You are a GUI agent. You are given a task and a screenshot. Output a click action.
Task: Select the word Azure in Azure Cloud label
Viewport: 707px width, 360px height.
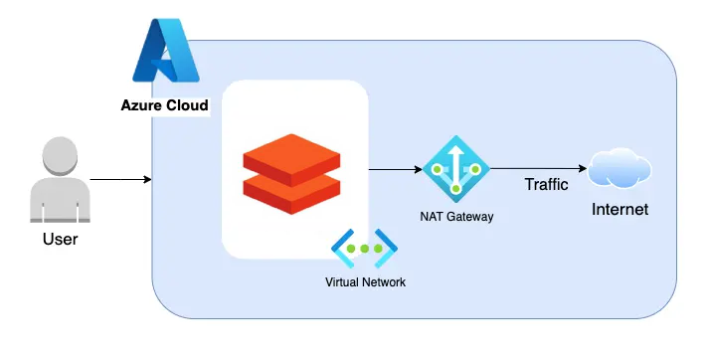click(142, 104)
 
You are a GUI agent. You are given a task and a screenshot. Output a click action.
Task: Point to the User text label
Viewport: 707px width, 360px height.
click(60, 239)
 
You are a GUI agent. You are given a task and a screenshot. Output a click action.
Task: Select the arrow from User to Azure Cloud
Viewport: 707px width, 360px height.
click(119, 180)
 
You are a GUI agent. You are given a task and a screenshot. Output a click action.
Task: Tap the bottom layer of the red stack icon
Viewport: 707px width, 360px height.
click(291, 191)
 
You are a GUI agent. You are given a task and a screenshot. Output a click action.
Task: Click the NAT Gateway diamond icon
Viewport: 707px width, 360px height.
click(455, 170)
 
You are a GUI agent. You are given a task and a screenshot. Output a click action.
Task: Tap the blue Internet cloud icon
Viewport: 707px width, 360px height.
click(619, 169)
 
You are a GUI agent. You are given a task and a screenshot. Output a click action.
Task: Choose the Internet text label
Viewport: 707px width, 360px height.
click(619, 210)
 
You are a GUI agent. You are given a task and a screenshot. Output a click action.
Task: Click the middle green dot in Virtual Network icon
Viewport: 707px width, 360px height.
click(364, 249)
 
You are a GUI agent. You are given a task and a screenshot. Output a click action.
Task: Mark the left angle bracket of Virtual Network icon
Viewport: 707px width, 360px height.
click(340, 249)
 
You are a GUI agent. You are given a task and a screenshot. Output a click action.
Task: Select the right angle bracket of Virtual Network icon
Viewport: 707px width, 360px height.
click(389, 249)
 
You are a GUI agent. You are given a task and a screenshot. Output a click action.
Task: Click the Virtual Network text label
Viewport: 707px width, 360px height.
click(365, 282)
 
